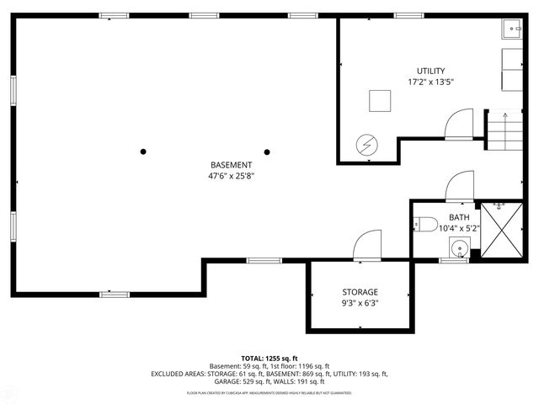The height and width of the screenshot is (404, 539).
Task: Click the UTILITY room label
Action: (x=430, y=71)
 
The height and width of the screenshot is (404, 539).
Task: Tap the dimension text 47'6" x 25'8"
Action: (x=231, y=176)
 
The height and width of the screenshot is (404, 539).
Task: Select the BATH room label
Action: (x=447, y=217)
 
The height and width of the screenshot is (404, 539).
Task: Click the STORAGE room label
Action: (x=360, y=291)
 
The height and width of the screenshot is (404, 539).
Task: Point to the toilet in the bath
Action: (x=424, y=226)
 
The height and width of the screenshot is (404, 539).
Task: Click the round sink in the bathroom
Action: (x=458, y=249)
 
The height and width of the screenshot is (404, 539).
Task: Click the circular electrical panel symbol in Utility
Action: (x=366, y=146)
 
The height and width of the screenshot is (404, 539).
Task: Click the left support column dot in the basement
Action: (x=144, y=152)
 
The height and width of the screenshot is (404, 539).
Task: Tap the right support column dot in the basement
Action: (x=267, y=152)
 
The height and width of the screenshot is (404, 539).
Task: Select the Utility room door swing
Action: (x=460, y=125)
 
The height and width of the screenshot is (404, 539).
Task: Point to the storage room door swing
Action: (x=368, y=247)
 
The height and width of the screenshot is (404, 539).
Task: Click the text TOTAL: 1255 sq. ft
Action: (x=269, y=359)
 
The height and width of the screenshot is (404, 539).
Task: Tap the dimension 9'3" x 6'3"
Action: (x=360, y=303)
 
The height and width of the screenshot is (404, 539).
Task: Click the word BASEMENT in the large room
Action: (x=231, y=165)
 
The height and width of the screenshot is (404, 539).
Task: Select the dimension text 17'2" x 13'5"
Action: (x=430, y=82)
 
